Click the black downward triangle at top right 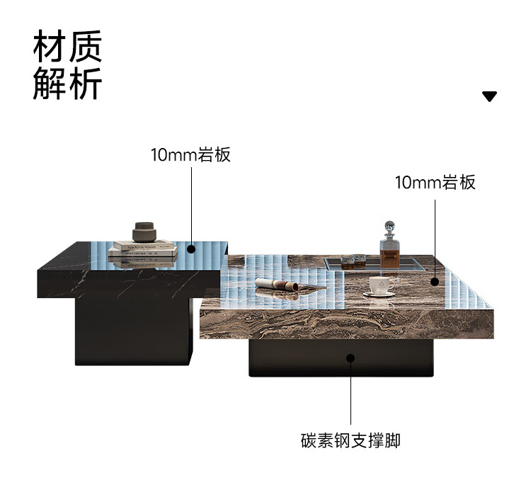tap(489, 96)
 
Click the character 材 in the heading tap(50, 47)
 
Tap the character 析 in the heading tap(86, 84)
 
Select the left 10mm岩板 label tap(190, 155)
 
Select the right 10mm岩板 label tap(435, 183)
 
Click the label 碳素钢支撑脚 tap(350, 441)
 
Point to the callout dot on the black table tap(191, 249)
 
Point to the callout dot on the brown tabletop tap(435, 281)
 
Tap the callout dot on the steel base tap(350, 358)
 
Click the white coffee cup tap(379, 285)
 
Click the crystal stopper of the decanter tap(388, 225)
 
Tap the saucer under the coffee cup tap(379, 294)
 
